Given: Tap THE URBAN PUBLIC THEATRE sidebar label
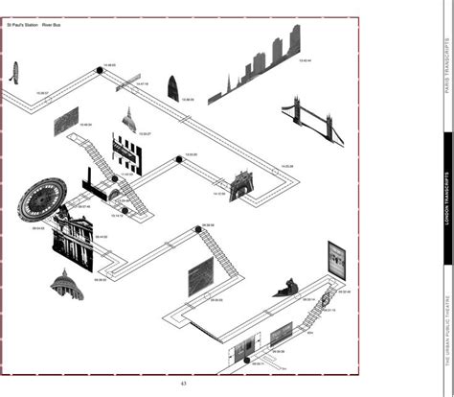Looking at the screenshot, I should pos(445,320).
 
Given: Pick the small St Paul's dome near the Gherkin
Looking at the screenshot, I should pos(128,121).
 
